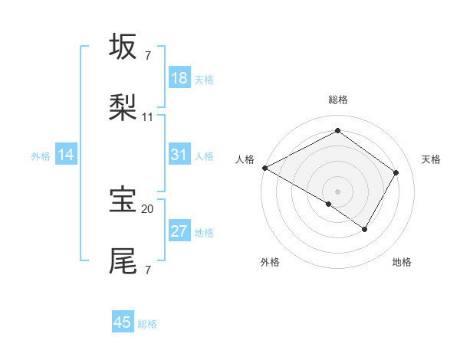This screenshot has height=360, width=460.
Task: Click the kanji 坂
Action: click(x=124, y=47)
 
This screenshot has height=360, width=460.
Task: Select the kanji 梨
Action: click(x=124, y=106)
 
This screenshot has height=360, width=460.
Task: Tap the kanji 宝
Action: click(x=124, y=199)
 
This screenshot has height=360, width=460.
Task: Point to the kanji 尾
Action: click(x=124, y=260)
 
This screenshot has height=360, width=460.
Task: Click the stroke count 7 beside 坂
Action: click(x=148, y=55)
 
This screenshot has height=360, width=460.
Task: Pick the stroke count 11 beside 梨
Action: click(x=148, y=116)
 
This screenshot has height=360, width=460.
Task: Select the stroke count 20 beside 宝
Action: click(x=148, y=208)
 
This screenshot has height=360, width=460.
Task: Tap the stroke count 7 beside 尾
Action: click(x=148, y=270)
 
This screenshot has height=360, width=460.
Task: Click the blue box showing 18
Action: click(x=179, y=78)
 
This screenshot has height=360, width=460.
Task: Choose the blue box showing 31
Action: click(x=179, y=155)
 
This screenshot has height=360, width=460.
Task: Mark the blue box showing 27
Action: click(x=179, y=231)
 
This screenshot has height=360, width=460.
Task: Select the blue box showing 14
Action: click(x=66, y=155)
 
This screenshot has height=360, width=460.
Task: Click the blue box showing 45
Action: click(x=123, y=322)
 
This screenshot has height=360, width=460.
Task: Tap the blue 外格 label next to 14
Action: click(x=41, y=155)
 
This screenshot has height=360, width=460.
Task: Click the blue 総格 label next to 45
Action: click(x=147, y=324)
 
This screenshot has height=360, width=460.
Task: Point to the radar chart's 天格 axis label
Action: click(x=431, y=159)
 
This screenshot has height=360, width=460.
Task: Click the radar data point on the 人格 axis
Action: click(x=264, y=168)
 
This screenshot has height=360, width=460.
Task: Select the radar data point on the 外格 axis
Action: click(x=329, y=204)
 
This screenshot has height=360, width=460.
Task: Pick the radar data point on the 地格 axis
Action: click(x=365, y=229)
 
